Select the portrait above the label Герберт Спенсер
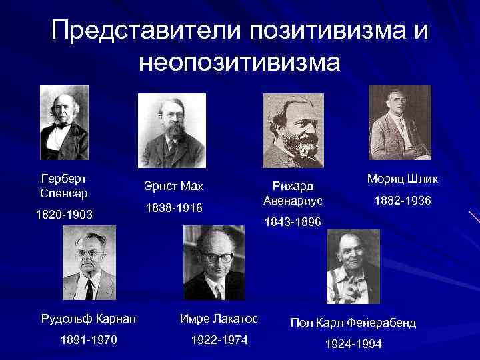point(64,123)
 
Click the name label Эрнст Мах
point(173,185)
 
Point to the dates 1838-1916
point(173,209)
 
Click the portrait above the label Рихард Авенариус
point(294,129)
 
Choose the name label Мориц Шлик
point(403,179)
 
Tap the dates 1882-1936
point(403,201)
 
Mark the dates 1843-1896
point(293,221)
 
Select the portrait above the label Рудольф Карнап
point(89,263)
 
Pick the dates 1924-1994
point(353,345)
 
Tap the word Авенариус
point(293,200)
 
